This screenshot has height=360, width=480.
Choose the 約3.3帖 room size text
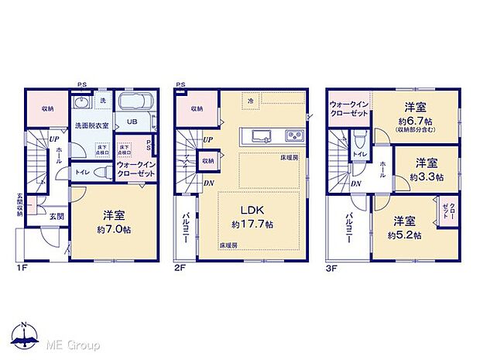click(427, 177)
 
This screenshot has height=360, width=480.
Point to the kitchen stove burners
click(295, 137)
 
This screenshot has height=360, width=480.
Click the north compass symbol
click(25, 334)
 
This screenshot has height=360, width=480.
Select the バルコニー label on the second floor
click(187, 228)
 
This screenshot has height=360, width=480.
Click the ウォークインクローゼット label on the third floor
click(350, 109)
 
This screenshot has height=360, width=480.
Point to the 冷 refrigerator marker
click(250, 101)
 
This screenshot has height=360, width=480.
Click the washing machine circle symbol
click(81, 103)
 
